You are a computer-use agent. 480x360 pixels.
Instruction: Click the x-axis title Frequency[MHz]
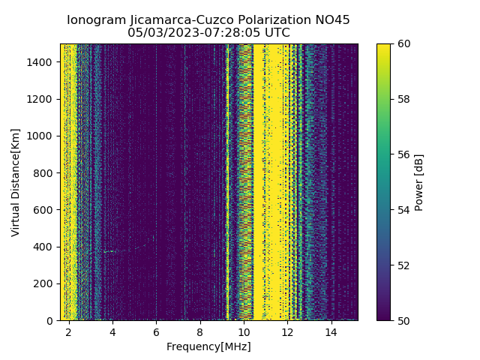pos(208,346)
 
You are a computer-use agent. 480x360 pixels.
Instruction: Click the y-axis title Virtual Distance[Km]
pos(16,181)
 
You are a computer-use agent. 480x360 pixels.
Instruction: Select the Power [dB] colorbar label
pos(419,181)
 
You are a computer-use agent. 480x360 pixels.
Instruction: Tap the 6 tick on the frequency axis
pos(156,331)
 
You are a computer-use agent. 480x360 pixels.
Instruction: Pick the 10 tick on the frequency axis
pos(244,331)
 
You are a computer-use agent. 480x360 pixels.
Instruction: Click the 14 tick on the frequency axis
pos(331,331)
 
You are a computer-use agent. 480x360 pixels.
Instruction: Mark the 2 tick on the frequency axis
pos(69,331)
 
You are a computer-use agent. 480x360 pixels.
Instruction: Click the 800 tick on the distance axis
pos(45,173)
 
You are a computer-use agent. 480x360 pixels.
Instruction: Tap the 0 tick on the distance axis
pos(52,320)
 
